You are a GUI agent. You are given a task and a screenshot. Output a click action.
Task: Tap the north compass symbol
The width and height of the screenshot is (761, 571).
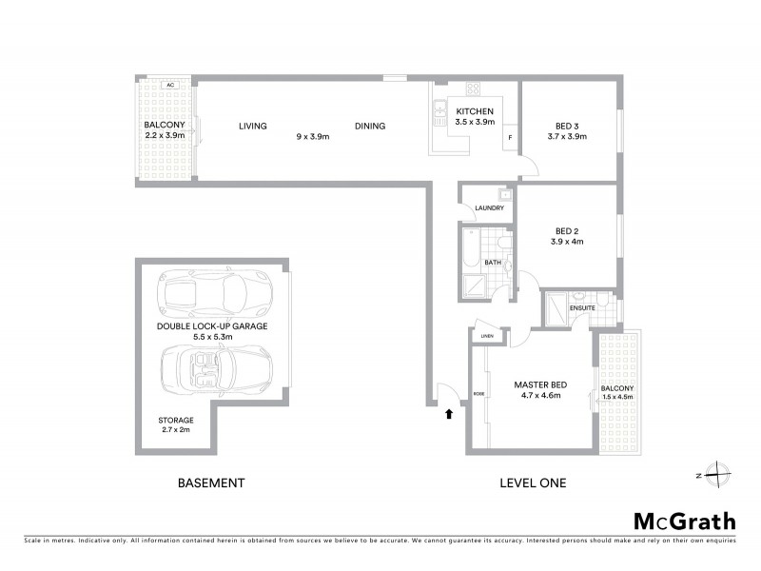point(720,474)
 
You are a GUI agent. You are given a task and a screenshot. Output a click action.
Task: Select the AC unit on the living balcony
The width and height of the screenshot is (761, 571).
point(170,85)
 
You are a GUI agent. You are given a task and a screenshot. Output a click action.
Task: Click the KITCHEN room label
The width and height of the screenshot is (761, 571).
point(476,111)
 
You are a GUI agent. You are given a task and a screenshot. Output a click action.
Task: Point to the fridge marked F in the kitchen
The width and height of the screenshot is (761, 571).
point(510,138)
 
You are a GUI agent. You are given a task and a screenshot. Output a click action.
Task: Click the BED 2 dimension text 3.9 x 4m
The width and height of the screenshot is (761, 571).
point(566,242)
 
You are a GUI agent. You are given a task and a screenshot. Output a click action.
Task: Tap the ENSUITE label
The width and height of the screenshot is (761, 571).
point(582,308)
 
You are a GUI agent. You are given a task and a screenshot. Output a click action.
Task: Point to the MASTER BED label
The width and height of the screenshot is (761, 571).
point(540,384)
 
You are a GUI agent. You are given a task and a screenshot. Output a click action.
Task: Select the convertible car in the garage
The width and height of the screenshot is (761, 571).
point(216,370)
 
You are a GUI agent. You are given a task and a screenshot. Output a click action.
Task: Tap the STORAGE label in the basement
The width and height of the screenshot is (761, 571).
point(176,420)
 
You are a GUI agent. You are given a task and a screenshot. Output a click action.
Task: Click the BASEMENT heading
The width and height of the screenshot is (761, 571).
point(211,483)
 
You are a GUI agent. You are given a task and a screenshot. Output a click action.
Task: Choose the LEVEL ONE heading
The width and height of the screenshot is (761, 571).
point(533,483)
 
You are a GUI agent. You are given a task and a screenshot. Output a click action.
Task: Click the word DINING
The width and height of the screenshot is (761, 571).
point(370,126)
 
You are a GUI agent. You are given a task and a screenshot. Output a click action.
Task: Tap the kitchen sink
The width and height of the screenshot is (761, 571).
point(439,115)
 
